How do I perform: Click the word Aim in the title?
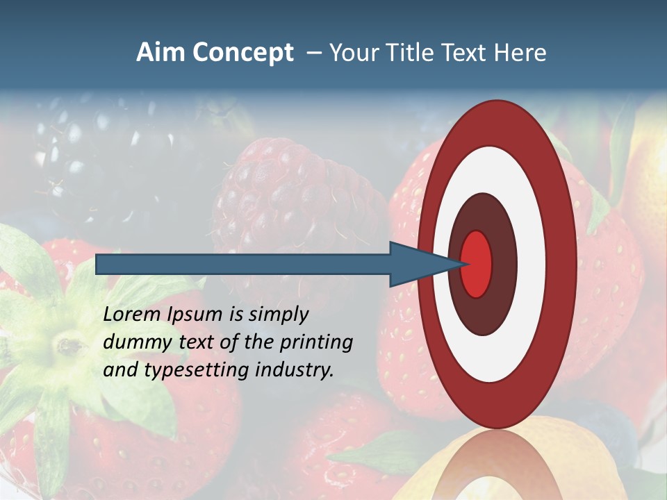click(160, 53)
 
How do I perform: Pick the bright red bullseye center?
click(477, 264)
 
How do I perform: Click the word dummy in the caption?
click(135, 342)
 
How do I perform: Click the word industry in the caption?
click(293, 370)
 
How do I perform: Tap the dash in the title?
click(313, 53)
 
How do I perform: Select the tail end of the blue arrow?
click(99, 265)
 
